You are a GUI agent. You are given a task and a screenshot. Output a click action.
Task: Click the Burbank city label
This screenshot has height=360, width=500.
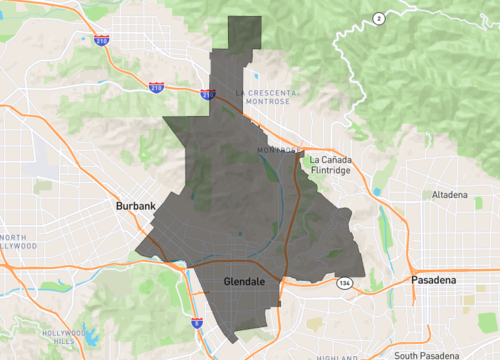pos(136,207)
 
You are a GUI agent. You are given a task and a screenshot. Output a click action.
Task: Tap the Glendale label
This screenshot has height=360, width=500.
pos(244,283)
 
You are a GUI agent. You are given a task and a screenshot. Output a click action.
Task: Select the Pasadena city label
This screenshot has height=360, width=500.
pos(433,281)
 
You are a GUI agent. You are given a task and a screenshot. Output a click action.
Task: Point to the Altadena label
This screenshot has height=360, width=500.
pos(448,194)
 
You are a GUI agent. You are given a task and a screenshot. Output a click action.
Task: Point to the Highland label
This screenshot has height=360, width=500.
pos(335,355)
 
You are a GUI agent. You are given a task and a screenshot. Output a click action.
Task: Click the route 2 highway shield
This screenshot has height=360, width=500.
pos(378,19)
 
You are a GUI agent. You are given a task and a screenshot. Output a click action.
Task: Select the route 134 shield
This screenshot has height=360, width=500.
pos(343,283)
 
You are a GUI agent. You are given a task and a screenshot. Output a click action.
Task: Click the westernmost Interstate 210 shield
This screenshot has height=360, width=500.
pos(102,41)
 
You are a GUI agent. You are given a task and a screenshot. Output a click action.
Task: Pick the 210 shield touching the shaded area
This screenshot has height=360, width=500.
pos(208,95)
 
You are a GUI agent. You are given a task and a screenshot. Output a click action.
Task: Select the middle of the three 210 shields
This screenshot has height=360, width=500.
pos(156,87)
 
